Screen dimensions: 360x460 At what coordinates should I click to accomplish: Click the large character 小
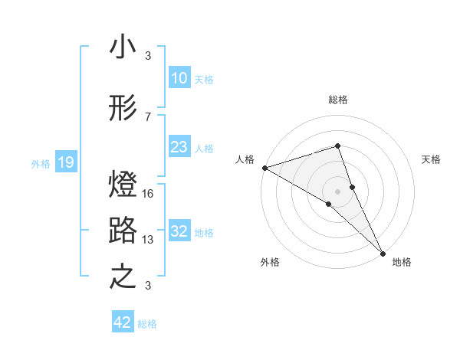point(123,48)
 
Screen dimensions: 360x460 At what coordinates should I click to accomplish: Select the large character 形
point(123,110)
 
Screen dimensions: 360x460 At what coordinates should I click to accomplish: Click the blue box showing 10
point(179,78)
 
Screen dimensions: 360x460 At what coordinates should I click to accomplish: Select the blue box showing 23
point(179,147)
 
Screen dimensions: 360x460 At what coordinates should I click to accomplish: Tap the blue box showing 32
point(179,232)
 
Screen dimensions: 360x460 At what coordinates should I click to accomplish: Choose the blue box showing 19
point(65,162)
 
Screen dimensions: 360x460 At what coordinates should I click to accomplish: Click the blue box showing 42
point(123,322)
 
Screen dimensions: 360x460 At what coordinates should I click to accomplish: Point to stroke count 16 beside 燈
point(148,194)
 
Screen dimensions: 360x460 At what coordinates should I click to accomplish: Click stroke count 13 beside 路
point(148,240)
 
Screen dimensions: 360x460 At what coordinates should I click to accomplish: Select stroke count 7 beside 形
point(148,116)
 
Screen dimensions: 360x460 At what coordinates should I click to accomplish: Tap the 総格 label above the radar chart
point(338,100)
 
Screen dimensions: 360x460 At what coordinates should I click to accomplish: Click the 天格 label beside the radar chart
point(431,159)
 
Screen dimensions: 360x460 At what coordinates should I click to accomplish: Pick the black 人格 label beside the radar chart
point(245,159)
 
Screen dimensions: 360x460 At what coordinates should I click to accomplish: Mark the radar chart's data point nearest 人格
point(264,168)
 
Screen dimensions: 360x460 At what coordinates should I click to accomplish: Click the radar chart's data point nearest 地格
point(382,252)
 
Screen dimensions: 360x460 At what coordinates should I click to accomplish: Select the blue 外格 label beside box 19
point(41,163)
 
